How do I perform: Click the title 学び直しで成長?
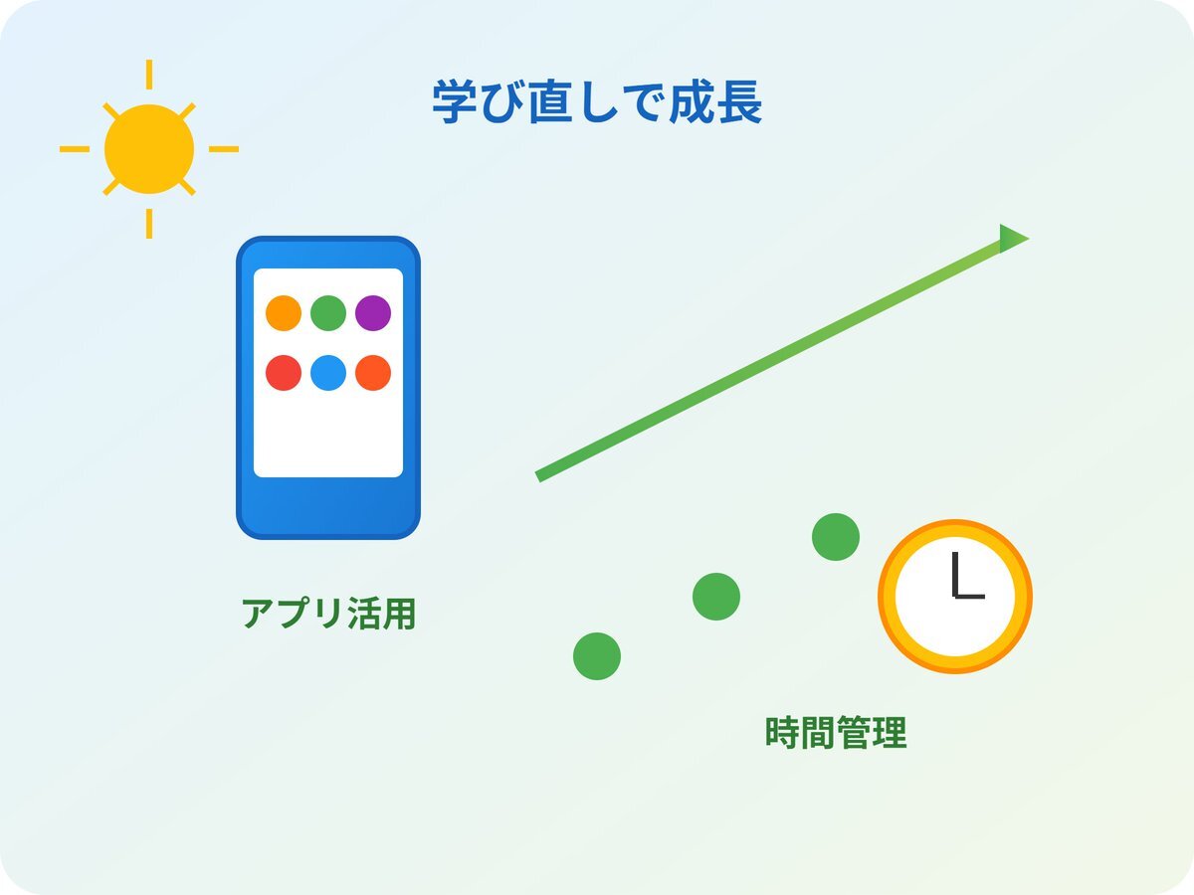[597, 102]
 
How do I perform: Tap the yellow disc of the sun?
[149, 149]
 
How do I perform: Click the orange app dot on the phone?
[284, 313]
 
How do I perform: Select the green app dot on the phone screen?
[328, 313]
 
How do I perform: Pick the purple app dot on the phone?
[373, 313]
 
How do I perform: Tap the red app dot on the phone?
[284, 373]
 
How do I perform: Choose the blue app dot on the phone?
[328, 373]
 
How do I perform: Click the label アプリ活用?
[328, 614]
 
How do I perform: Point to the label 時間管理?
[836, 733]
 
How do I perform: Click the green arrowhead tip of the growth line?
[1029, 238]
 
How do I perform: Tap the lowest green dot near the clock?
[597, 656]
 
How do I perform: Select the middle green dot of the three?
[716, 596]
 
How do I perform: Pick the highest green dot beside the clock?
[836, 537]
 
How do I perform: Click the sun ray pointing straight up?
[149, 75]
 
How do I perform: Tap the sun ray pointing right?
[224, 149]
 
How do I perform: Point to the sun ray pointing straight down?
[149, 224]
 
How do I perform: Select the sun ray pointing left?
[75, 149]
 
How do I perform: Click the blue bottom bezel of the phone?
[328, 507]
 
